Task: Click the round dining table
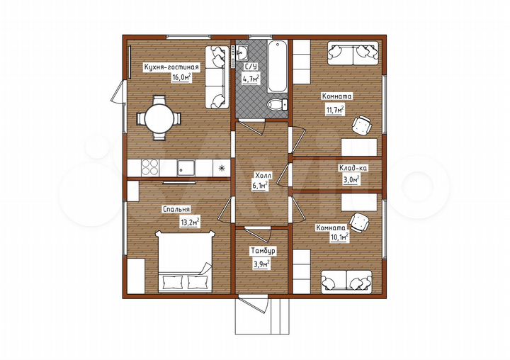(x=159, y=118)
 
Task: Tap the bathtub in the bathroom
(x=277, y=67)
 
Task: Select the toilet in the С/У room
(x=278, y=104)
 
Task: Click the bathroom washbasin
(x=242, y=52)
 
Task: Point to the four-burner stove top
(x=150, y=168)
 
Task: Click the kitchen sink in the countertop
(x=186, y=168)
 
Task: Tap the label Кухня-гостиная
(x=171, y=67)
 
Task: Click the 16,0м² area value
(x=181, y=77)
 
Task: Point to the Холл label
(x=263, y=176)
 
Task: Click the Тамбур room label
(x=263, y=251)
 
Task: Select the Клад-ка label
(x=353, y=168)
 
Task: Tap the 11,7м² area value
(x=335, y=110)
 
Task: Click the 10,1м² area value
(x=339, y=237)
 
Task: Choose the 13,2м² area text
(x=190, y=223)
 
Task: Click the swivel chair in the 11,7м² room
(x=362, y=125)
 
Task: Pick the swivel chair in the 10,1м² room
(x=360, y=223)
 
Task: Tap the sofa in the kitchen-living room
(x=215, y=77)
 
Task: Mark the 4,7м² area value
(x=251, y=79)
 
